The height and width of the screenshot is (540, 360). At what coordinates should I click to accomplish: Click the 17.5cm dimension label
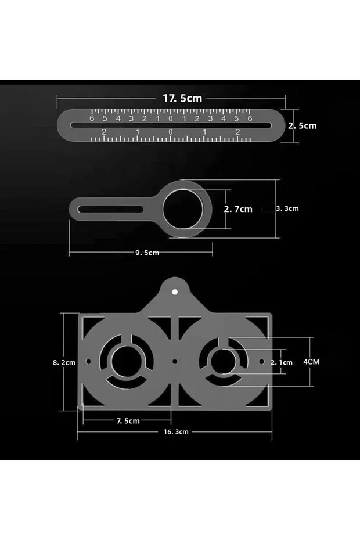[x=182, y=99]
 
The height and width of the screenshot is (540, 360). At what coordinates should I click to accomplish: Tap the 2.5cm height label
[x=303, y=125]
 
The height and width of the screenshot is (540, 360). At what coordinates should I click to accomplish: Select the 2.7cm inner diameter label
[x=238, y=209]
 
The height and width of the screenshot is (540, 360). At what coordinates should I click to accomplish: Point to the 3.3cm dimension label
[x=287, y=208]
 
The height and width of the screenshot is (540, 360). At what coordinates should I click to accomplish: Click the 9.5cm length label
[x=147, y=253]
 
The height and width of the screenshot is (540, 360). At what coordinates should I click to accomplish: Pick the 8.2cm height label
[x=64, y=362]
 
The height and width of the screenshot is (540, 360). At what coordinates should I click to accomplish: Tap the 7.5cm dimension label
[x=128, y=421]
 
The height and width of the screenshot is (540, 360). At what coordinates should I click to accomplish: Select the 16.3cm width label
[x=176, y=432]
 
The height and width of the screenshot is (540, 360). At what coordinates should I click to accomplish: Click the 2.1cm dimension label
[x=282, y=362]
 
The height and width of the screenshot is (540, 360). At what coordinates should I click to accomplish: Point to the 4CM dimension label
[x=311, y=362]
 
